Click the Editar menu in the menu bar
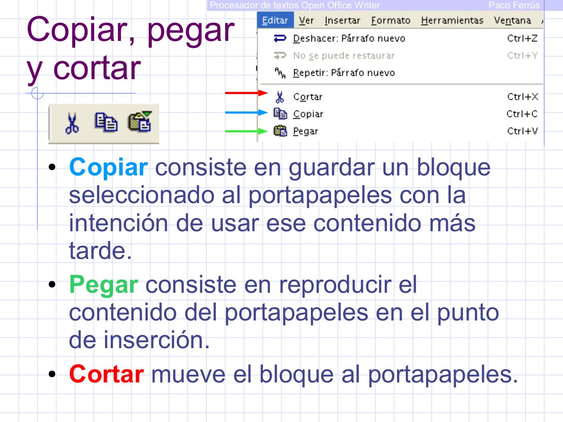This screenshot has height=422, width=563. [275, 21]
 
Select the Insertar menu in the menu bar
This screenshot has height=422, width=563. [342, 21]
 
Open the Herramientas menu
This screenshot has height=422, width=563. [452, 21]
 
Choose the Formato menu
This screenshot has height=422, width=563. [390, 21]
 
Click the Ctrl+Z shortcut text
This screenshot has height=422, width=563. [522, 38]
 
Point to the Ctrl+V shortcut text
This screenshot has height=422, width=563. [522, 131]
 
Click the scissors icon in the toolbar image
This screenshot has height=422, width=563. [72, 123]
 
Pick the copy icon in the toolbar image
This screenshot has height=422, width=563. [106, 123]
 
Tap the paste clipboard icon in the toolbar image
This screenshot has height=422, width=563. [139, 122]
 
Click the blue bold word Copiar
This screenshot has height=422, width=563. [108, 167]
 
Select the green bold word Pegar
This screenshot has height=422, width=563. [103, 284]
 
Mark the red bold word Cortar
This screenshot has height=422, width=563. [106, 374]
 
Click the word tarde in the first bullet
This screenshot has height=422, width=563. [100, 251]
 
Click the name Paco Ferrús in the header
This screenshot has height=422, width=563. [514, 5]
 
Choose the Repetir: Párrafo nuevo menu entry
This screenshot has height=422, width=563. [344, 73]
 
